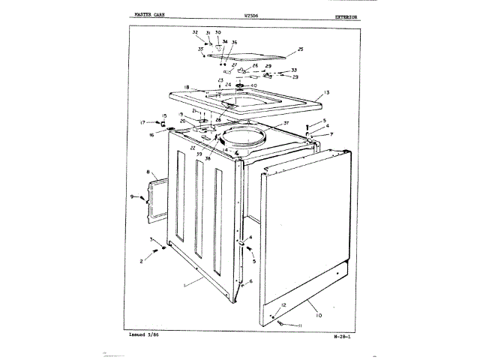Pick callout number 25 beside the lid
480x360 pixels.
tap(300, 49)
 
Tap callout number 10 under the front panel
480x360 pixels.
tap(319, 315)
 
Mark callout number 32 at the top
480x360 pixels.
tap(194, 32)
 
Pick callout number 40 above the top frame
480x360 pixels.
tap(253, 85)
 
